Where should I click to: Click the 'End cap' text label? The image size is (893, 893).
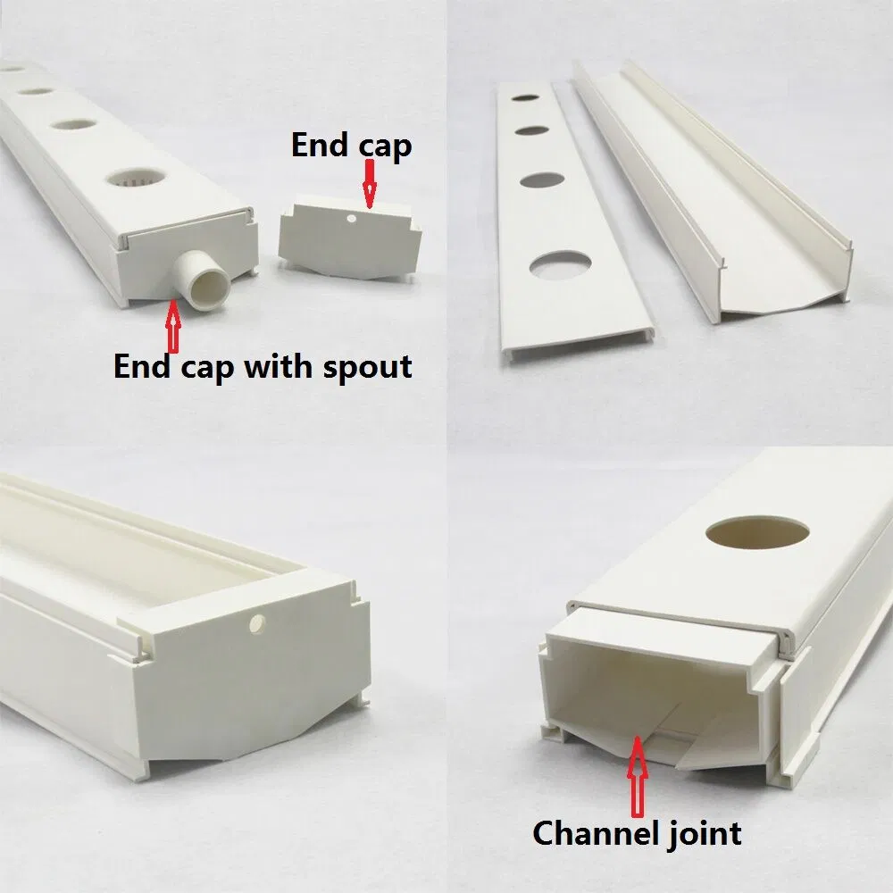pos(352,145)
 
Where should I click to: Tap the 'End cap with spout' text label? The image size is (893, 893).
pos(263,365)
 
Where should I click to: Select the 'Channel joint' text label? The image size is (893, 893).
pos(637,832)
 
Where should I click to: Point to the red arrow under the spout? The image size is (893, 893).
pos(173,326)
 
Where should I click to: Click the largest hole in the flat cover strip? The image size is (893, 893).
pos(560,265)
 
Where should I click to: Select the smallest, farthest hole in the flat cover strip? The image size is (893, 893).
pos(525,97)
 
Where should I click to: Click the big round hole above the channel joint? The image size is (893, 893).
pos(757,534)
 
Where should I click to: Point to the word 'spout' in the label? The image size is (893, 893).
pos(368,366)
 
